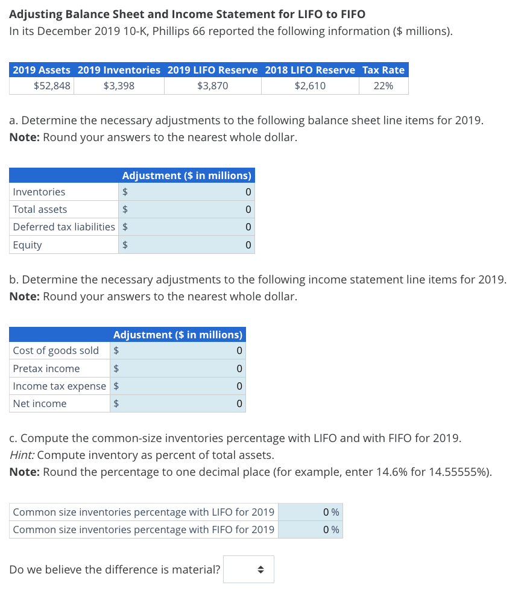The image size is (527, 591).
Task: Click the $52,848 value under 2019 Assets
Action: click(52, 86)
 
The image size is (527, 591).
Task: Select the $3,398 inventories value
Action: click(119, 86)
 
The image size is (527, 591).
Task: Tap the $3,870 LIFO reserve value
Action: click(212, 86)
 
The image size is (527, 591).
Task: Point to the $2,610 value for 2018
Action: click(310, 86)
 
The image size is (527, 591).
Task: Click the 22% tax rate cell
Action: click(383, 86)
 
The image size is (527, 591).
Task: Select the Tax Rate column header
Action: click(383, 70)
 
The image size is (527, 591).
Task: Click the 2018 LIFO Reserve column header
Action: click(310, 70)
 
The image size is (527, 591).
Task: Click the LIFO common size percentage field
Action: click(310, 512)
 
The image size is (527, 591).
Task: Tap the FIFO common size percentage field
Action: click(310, 529)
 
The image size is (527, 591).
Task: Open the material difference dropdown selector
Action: click(248, 569)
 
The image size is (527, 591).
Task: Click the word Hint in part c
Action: click(21, 455)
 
